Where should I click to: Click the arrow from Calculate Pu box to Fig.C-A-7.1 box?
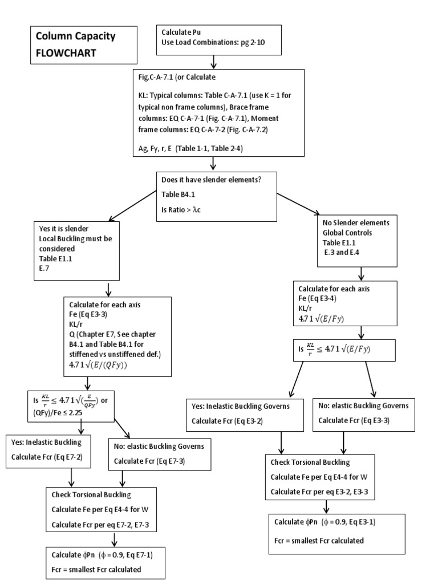pyautogui.click(x=213, y=61)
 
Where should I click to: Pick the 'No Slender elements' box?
pyautogui.click(x=357, y=240)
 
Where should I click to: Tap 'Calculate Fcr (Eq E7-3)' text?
pyautogui.click(x=152, y=461)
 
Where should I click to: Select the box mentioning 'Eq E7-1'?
pyautogui.click(x=106, y=563)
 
